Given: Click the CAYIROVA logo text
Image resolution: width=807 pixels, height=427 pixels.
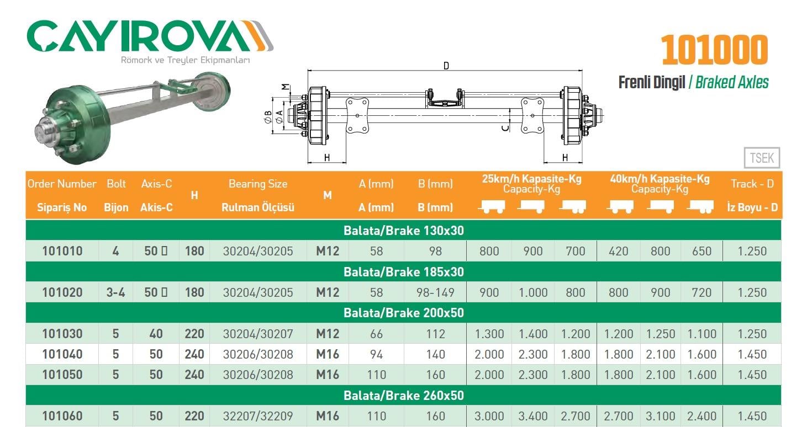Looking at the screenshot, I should click(x=141, y=38).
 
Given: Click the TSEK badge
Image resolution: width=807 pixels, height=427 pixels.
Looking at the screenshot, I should click(x=762, y=159).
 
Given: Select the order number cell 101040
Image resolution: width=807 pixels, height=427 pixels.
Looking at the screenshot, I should click(x=62, y=354).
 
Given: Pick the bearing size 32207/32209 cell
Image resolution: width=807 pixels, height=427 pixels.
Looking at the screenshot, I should click(x=258, y=416).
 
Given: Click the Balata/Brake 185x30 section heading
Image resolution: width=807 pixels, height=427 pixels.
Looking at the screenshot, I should click(x=403, y=272).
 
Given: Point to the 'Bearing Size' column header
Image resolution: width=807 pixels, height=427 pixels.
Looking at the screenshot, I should click(x=258, y=184).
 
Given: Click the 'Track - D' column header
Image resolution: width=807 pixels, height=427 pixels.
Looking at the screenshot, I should click(x=752, y=184).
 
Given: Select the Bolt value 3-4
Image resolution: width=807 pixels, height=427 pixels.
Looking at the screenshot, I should click(x=115, y=292).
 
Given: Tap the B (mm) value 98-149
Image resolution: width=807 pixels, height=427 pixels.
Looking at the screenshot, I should click(x=435, y=292).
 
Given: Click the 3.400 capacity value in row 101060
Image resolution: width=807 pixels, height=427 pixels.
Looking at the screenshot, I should click(x=533, y=416).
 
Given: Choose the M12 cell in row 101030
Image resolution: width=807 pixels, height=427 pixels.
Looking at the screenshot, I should click(x=327, y=334).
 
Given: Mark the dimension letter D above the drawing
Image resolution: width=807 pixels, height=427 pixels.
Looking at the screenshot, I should click(x=446, y=66).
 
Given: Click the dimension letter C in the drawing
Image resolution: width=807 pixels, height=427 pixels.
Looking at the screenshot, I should click(x=505, y=128).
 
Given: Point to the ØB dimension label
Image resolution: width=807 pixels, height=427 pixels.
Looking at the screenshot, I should click(x=268, y=117).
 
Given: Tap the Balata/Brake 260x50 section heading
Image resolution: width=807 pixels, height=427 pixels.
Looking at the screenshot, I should click(x=403, y=396).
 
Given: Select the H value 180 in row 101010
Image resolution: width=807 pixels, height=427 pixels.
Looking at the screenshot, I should click(x=194, y=252).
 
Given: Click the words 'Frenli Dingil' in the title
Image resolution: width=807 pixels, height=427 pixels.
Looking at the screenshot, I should click(x=651, y=83).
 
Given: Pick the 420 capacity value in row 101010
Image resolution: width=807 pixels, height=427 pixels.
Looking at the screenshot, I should click(x=618, y=252).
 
